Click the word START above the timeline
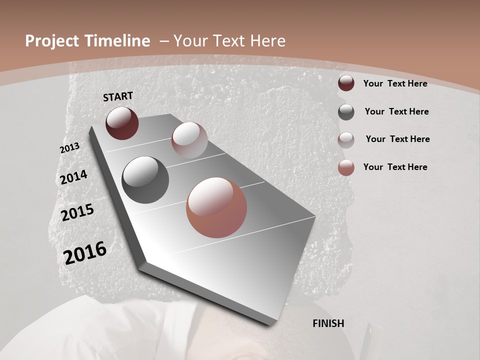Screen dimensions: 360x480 [118, 96]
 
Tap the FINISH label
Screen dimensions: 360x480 [328, 323]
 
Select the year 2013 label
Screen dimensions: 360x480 [69, 148]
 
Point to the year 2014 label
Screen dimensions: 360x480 [73, 177]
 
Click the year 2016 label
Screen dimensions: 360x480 [85, 252]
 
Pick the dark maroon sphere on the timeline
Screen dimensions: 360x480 [122, 123]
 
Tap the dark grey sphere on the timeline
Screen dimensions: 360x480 [145, 180]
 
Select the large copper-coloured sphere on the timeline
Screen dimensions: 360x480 [216, 207]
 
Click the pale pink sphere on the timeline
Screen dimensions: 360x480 [189, 140]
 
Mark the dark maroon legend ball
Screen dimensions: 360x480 [346, 83]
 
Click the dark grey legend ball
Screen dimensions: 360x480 [346, 112]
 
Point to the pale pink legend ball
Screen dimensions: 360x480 [346, 140]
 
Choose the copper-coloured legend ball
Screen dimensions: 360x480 [346, 167]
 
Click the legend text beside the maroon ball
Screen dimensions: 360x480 [395, 83]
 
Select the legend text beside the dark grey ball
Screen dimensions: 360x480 [396, 111]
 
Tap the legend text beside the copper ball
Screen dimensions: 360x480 [395, 167]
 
